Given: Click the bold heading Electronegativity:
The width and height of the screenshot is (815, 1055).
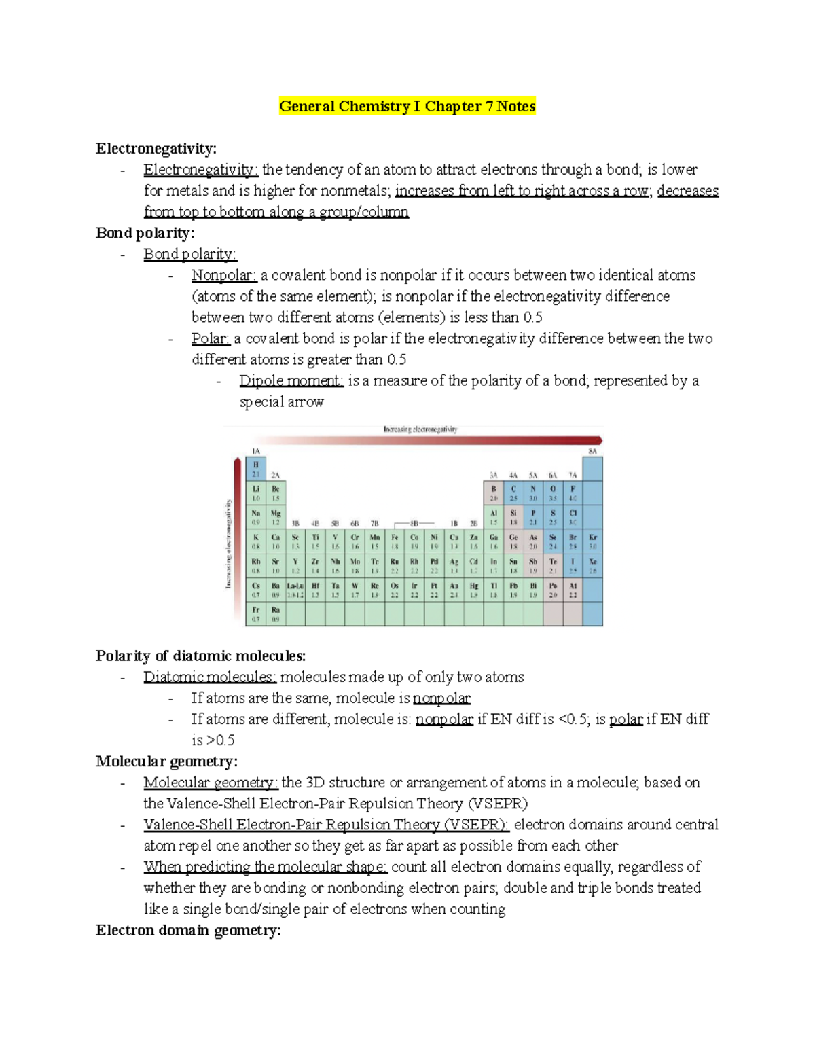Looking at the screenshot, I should [156, 149].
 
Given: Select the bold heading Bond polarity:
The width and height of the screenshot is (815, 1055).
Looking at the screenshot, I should [145, 233].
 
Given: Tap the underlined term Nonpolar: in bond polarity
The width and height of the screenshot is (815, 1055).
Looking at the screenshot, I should [223, 275].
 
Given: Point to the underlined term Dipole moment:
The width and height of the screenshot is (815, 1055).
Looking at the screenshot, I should [291, 380].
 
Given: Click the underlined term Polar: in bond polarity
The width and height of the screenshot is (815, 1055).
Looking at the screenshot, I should [211, 338].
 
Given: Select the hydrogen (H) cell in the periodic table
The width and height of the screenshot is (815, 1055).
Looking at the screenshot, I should [256, 469].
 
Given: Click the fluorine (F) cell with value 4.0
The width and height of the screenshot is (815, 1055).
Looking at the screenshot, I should [573, 493].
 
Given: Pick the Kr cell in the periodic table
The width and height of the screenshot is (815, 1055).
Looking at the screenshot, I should [592, 541].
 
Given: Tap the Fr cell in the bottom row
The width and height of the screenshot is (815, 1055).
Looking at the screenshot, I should [256, 614].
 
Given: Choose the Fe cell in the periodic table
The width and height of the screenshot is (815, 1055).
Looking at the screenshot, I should [395, 541].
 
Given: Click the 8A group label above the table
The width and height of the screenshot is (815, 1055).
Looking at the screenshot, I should [592, 451].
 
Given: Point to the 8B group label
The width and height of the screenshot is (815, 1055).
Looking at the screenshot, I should [414, 524].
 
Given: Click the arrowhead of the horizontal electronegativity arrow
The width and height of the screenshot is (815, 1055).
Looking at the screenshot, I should [597, 440].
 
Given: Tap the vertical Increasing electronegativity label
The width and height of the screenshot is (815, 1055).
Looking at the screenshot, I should [229, 543].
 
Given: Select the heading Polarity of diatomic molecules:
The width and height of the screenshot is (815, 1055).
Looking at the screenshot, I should [200, 656].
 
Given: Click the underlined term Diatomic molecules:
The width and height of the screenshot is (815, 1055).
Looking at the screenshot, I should [209, 677].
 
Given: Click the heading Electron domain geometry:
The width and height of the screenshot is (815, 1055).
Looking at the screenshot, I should [188, 931].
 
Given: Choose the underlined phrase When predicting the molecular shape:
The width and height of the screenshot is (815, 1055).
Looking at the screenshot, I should [265, 867].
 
